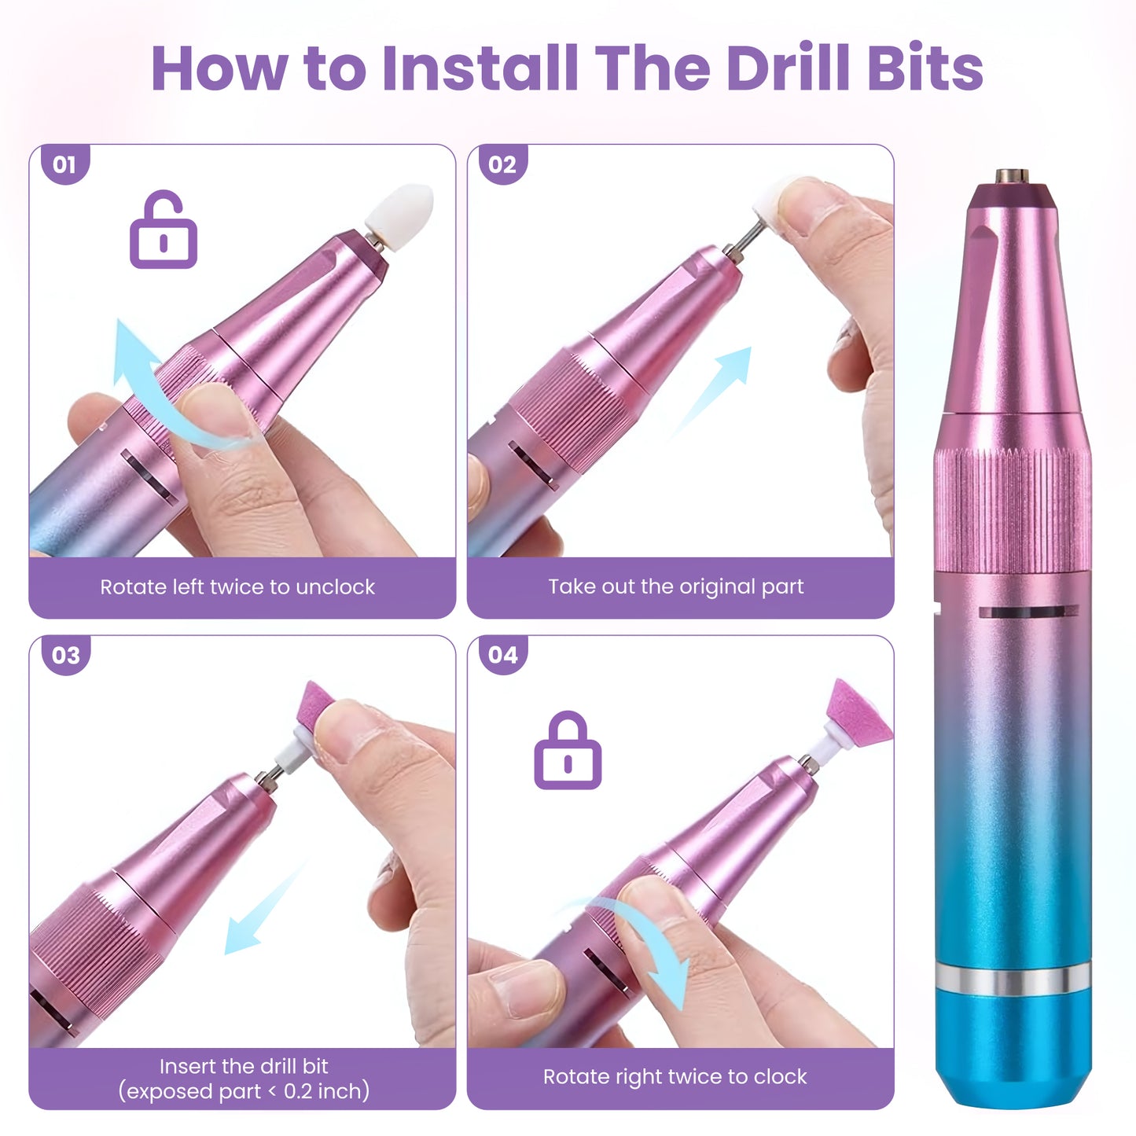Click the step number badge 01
point(64,164)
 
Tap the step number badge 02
point(502,164)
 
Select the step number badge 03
point(64,655)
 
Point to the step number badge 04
point(502,655)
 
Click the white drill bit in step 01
point(399,209)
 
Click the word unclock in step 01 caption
point(335,586)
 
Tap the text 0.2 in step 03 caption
point(298,1091)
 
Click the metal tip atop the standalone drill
point(1013,175)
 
